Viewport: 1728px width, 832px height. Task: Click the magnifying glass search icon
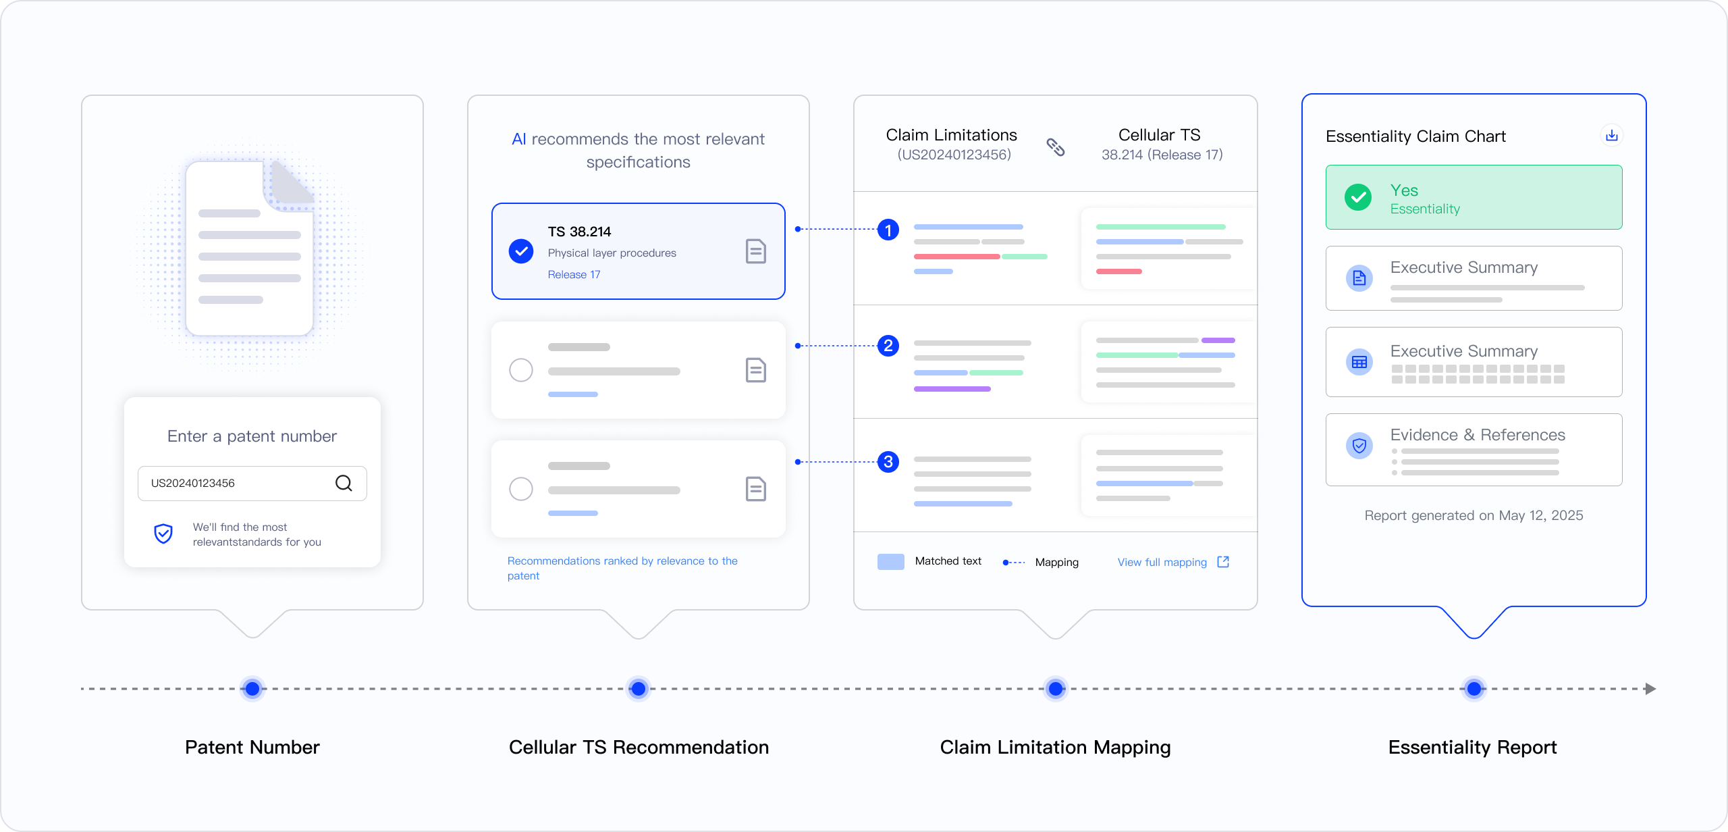[x=344, y=483]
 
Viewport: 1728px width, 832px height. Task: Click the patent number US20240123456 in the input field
[x=193, y=483]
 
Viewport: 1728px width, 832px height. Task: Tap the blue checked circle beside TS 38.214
[x=521, y=251]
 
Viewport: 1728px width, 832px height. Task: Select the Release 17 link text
[x=574, y=274]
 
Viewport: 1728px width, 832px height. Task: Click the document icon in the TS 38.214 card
[x=756, y=251]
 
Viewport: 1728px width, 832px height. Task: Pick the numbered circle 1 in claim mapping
[x=888, y=230]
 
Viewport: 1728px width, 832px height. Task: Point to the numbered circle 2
[x=888, y=346]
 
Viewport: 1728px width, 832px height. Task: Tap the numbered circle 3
[x=888, y=462]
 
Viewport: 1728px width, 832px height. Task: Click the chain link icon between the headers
[x=1056, y=147]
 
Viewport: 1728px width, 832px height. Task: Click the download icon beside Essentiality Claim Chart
[x=1612, y=136]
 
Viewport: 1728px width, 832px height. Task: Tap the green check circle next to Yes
[x=1358, y=197]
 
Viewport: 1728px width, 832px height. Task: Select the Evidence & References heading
[x=1478, y=435]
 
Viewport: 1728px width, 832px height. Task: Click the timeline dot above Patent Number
[x=252, y=689]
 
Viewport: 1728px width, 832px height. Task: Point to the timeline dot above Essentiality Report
[x=1474, y=689]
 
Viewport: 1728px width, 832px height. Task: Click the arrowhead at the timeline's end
[x=1650, y=689]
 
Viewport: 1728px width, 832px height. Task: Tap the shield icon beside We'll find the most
[x=163, y=534]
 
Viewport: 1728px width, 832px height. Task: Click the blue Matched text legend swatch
[x=891, y=562]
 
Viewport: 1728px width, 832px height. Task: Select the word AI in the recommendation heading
[x=518, y=139]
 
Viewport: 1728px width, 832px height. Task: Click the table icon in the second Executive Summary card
[x=1359, y=362]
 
